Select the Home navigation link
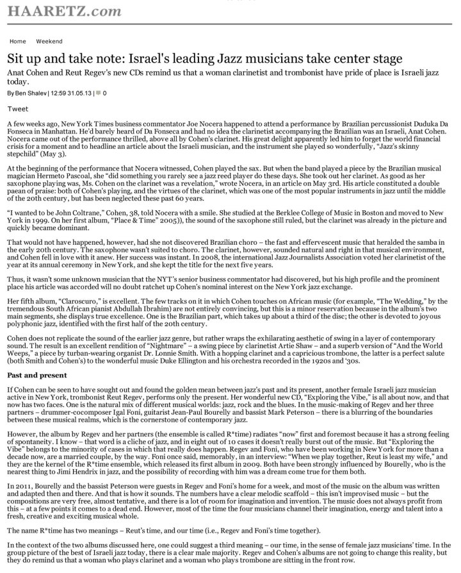18,41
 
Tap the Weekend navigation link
49,41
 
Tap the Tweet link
17,109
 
